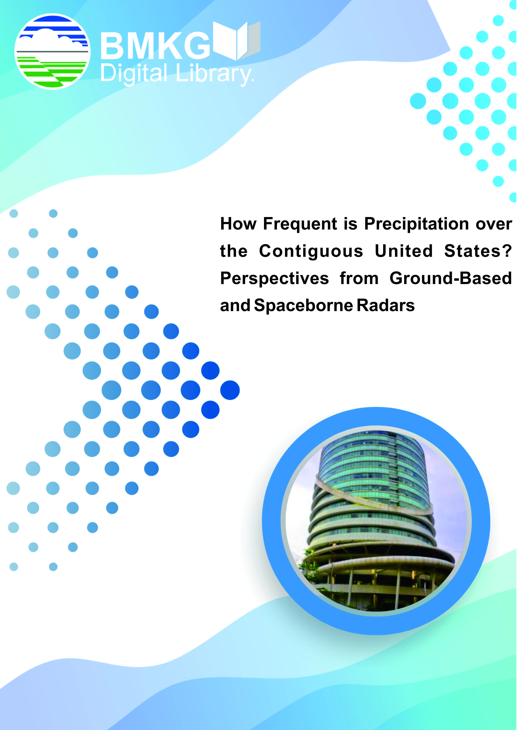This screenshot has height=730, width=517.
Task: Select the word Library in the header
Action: [214, 74]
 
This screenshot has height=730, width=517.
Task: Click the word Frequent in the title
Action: [300, 224]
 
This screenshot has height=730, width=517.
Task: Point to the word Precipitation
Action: [417, 224]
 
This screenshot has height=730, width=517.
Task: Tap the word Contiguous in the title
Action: [311, 251]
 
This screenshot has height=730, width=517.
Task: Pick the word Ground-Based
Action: [451, 278]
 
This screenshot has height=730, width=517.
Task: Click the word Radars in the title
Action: [386, 305]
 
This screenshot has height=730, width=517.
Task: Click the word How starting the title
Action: [238, 224]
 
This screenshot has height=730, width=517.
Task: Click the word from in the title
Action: [359, 278]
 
